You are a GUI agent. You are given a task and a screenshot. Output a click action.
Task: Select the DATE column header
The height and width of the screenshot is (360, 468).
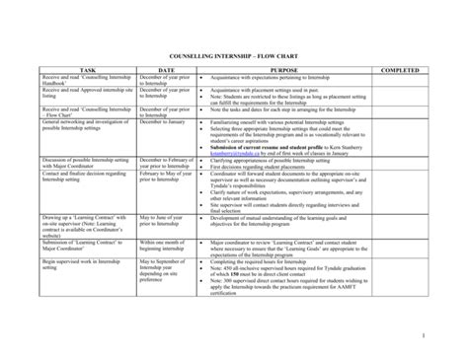[165, 71]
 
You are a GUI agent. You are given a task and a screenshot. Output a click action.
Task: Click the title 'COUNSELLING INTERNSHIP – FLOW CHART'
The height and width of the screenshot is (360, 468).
[234, 57]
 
